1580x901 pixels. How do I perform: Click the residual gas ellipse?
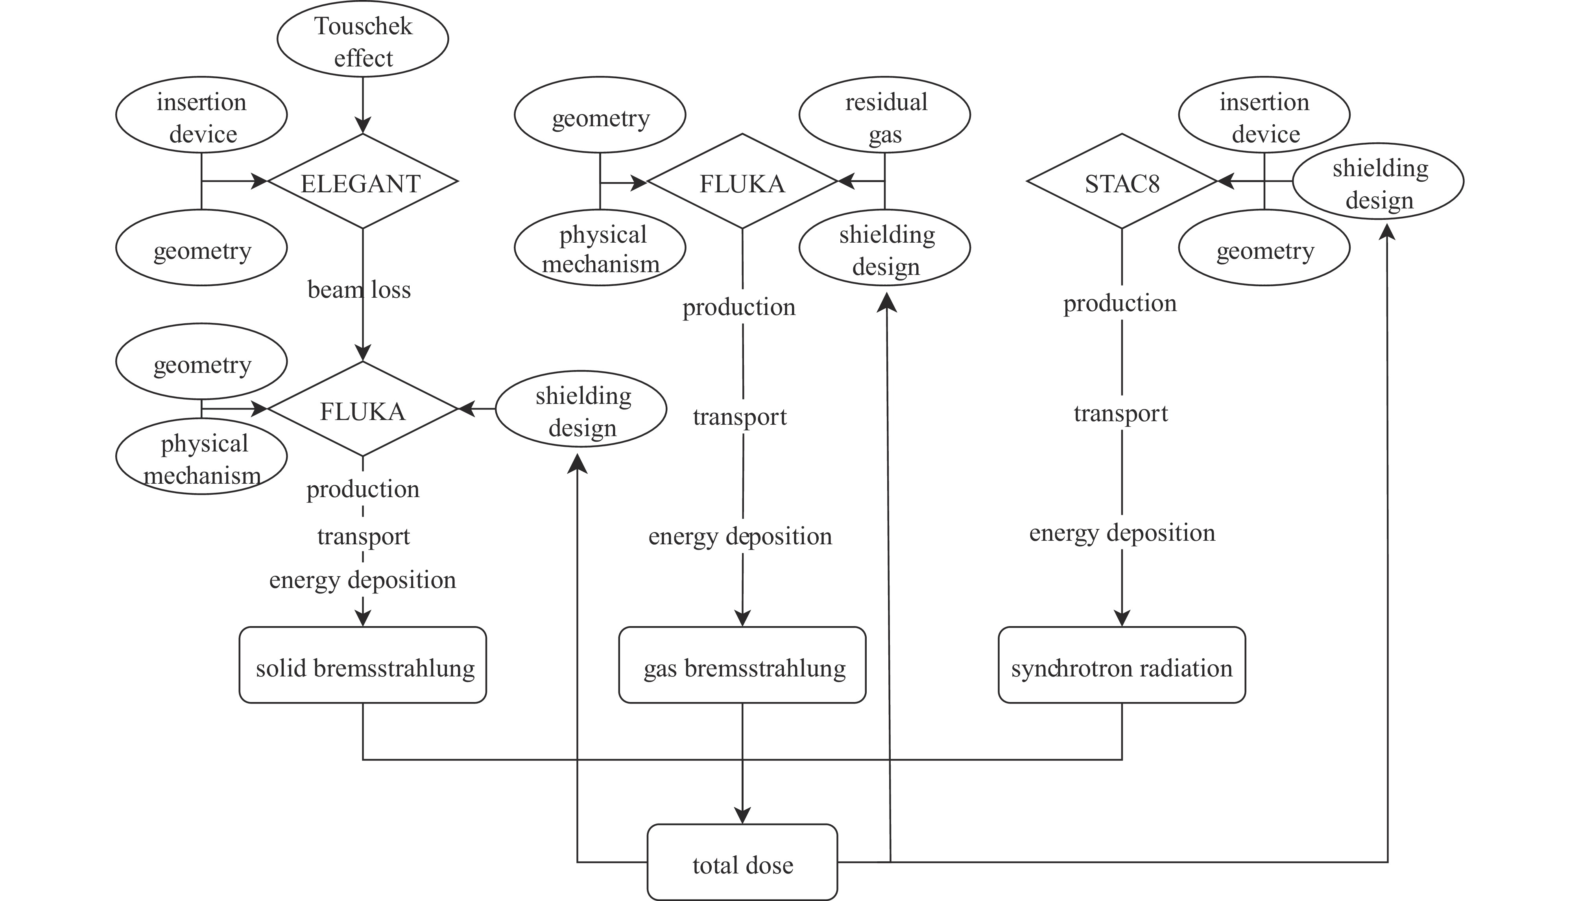point(884,116)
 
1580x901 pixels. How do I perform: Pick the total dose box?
point(742,862)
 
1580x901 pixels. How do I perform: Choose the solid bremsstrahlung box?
point(363,666)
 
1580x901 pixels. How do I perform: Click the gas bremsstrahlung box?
point(742,666)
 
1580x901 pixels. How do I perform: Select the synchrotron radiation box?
point(1121,666)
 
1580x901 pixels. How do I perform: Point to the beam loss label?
point(359,289)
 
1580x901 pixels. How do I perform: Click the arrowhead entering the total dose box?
point(742,816)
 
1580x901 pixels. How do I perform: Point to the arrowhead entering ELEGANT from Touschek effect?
point(363,125)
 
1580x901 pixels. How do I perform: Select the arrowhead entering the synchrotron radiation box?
point(1121,618)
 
